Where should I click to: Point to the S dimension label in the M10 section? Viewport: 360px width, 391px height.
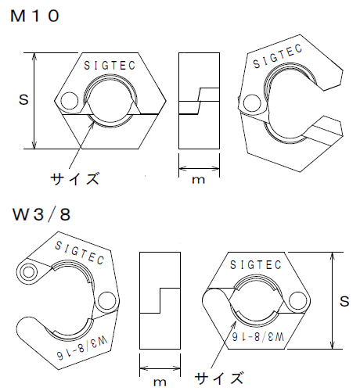click(x=23, y=100)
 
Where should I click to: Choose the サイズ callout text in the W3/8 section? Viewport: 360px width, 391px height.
click(x=218, y=378)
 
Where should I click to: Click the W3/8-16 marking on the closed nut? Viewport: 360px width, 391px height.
click(x=257, y=335)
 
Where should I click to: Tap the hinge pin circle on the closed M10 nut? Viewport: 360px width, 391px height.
click(x=70, y=101)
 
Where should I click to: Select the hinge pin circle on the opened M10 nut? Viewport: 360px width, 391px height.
click(x=251, y=102)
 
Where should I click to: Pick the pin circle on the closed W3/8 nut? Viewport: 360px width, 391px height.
click(x=299, y=300)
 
